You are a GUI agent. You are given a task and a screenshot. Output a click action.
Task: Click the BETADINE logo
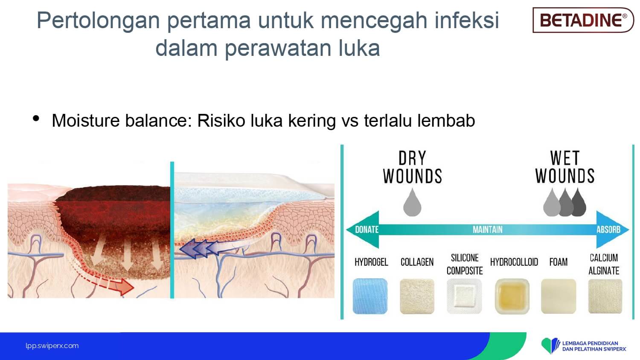click(x=583, y=20)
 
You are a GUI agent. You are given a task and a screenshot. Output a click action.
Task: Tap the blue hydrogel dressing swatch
click(x=370, y=296)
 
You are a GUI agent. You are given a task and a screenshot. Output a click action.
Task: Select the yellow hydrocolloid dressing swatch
click(x=512, y=296)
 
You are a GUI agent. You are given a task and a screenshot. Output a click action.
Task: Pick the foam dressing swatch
click(x=559, y=296)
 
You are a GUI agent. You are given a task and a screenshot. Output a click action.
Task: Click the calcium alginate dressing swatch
click(x=605, y=296)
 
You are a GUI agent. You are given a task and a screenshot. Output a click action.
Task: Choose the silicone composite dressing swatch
click(x=464, y=296)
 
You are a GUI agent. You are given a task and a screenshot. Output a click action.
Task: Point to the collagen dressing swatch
click(x=417, y=296)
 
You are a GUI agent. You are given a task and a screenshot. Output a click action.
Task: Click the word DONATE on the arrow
click(x=367, y=229)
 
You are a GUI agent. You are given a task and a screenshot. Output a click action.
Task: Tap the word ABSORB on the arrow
click(x=608, y=229)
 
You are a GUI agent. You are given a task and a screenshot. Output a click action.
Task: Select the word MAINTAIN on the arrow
click(x=487, y=229)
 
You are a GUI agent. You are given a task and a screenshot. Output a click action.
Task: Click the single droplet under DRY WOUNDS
click(x=412, y=202)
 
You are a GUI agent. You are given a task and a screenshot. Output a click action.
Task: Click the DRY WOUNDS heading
click(x=413, y=167)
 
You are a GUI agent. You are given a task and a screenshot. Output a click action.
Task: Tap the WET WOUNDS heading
click(x=565, y=167)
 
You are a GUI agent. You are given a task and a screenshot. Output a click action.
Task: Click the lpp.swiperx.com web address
click(x=52, y=346)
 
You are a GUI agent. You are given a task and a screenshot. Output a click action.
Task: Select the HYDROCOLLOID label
click(x=514, y=262)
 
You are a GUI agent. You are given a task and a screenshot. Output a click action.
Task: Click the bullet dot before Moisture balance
click(x=36, y=118)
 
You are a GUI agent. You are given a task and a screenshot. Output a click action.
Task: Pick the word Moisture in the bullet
click(x=85, y=121)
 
